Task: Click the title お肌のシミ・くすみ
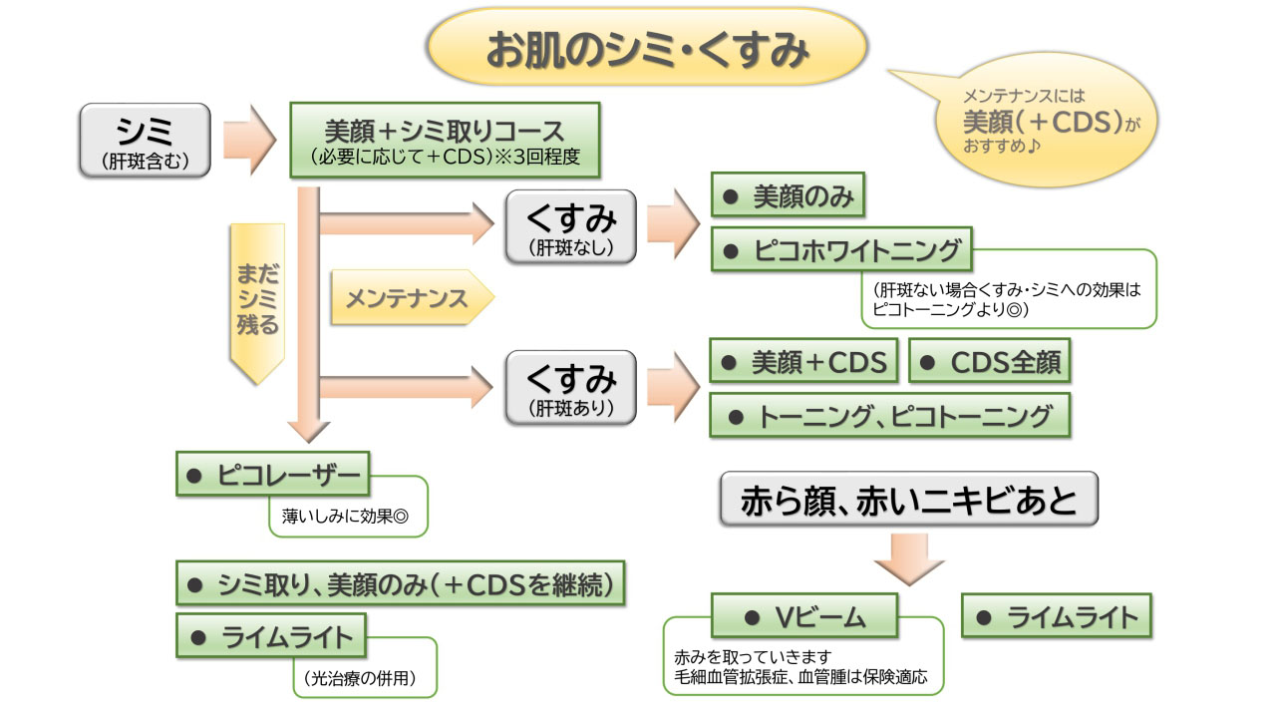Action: coord(646,51)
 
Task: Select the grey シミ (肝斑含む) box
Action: coord(145,141)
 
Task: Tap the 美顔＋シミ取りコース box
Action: coord(444,141)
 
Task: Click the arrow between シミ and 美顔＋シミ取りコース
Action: coord(248,141)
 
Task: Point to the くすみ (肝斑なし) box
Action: coord(570,226)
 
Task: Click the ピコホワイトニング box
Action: coord(842,251)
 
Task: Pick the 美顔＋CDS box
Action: coord(803,362)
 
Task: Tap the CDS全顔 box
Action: coord(989,362)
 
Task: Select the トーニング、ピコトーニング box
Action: coord(889,416)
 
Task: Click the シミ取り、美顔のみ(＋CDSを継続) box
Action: coord(400,585)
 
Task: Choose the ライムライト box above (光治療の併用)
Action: coord(271,636)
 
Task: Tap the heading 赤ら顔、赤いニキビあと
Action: coord(908,500)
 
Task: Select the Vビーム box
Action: coord(804,617)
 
